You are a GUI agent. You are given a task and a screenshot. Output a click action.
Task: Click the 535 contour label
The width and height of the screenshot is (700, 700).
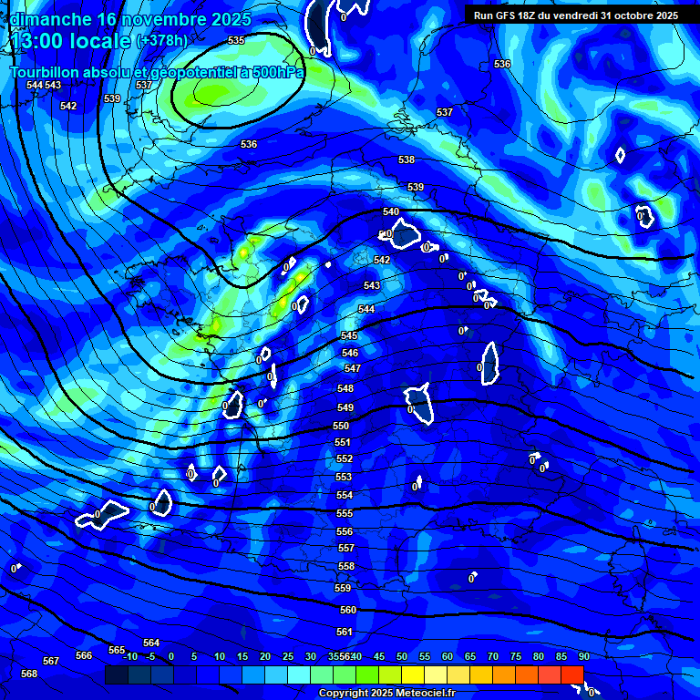(236, 41)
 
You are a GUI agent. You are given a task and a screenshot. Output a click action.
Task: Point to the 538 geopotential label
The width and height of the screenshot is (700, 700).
(407, 160)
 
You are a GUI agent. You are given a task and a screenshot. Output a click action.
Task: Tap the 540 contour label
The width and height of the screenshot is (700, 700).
(391, 212)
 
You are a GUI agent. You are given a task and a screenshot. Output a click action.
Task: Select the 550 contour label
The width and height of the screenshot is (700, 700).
(341, 427)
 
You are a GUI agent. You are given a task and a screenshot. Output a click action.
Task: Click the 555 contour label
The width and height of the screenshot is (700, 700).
(345, 514)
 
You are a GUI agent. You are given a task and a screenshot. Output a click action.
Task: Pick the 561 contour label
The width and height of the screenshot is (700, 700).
(345, 632)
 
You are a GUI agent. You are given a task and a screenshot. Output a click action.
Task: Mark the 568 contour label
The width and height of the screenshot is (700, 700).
(29, 674)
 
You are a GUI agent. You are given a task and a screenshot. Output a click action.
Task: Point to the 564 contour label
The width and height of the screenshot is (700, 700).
(151, 643)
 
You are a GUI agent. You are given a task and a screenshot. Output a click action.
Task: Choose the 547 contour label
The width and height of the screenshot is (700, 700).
(353, 369)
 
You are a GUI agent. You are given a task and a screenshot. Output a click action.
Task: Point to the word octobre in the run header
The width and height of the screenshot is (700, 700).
(628, 15)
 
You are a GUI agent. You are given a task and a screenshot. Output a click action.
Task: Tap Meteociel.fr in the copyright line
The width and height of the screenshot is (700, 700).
(423, 693)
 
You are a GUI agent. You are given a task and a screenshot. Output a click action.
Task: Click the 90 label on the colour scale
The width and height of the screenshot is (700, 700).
(583, 656)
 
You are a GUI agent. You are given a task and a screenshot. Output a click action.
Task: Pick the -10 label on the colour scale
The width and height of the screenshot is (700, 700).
(129, 656)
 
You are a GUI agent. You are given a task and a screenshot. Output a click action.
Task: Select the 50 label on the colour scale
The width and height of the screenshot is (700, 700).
(401, 656)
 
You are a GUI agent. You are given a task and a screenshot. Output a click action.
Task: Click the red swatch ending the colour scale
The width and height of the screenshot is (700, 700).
(571, 674)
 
